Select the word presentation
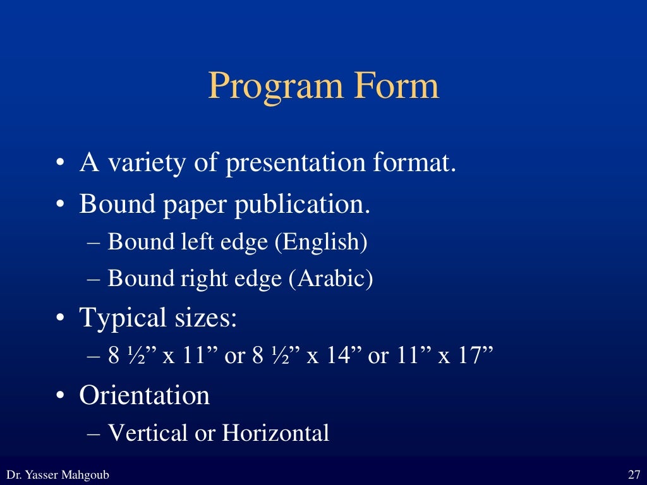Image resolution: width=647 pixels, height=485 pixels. coord(296,164)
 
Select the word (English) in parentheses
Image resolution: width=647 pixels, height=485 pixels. coord(320,242)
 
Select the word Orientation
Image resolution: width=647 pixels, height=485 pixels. coord(144,396)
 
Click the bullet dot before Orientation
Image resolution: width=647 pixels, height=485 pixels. coord(59,397)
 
